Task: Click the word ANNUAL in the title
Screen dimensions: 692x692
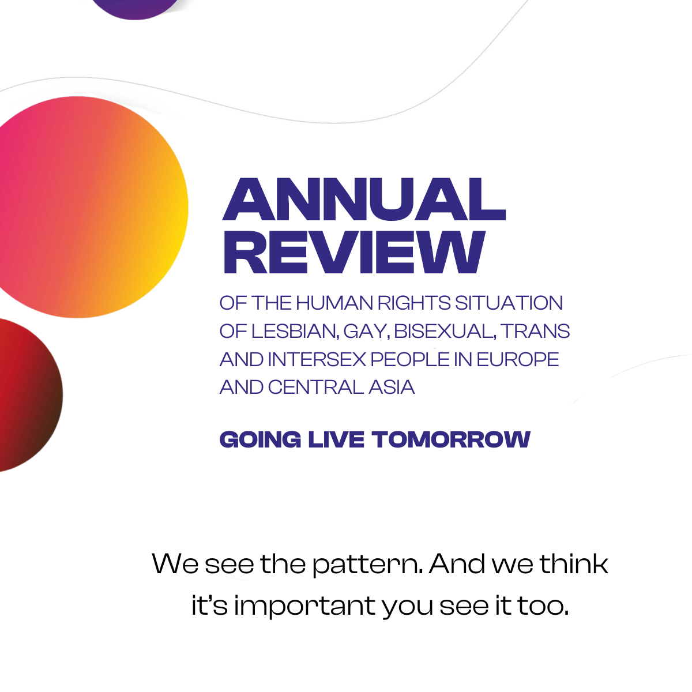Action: point(364,199)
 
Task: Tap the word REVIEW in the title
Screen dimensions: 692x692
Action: point(354,252)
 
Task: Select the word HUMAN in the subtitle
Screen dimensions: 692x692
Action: point(334,303)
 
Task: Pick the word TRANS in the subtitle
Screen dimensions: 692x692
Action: point(535,331)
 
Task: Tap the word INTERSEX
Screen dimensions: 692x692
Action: point(317,359)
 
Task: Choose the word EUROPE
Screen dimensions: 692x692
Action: point(517,359)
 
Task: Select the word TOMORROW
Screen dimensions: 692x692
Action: point(451,439)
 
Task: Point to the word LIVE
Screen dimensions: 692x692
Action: point(336,439)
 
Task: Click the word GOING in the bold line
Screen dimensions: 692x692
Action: point(260,439)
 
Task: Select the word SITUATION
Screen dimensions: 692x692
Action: point(509,303)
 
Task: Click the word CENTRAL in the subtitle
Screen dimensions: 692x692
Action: point(315,387)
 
